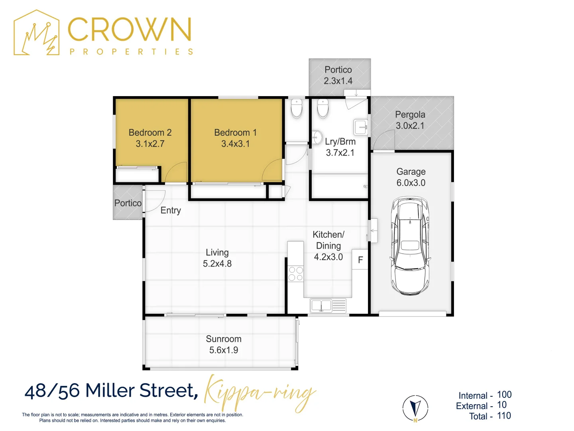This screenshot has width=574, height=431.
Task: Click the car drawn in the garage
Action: tap(411, 245)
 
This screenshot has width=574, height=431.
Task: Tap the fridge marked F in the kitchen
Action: tap(360, 260)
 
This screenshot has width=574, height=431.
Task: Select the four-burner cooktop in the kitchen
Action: tap(296, 274)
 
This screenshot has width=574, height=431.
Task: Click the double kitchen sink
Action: tap(321, 306)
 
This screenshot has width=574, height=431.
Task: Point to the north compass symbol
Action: tap(415, 408)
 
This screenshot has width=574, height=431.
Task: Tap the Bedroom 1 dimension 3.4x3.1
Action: tap(235, 144)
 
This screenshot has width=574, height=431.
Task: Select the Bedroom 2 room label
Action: tap(150, 132)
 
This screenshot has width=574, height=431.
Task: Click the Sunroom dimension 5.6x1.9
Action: tap(224, 350)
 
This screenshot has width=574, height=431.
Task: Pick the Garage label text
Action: tap(411, 172)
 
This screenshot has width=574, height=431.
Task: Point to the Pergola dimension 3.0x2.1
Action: tap(410, 126)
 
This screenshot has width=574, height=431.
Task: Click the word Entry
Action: tap(171, 210)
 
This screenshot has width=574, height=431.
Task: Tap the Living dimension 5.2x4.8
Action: tap(217, 263)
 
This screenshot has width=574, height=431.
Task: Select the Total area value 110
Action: tap(504, 416)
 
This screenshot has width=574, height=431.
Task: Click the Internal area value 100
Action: tap(504, 395)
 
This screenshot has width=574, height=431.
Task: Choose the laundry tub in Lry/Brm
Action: tap(360, 127)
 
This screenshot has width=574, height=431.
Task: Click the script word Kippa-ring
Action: tap(260, 393)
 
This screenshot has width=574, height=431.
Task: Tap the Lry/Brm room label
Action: tap(340, 142)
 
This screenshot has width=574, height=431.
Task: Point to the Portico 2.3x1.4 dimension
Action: tap(338, 81)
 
